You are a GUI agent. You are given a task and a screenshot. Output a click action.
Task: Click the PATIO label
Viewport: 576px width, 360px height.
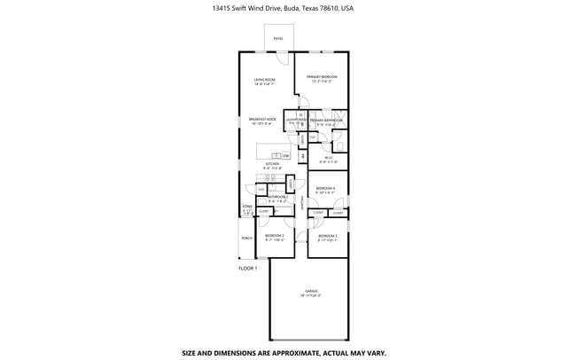click(278, 39)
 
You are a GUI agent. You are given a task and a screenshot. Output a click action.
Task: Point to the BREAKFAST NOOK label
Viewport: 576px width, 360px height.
click(262, 119)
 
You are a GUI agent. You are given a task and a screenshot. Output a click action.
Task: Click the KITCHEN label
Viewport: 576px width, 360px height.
click(273, 164)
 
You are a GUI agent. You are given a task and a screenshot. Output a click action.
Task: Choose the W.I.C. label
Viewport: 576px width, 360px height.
click(327, 159)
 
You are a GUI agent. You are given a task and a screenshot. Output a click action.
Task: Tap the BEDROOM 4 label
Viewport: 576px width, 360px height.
click(326, 188)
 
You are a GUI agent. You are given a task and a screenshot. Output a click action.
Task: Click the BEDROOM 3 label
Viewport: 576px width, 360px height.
click(327, 235)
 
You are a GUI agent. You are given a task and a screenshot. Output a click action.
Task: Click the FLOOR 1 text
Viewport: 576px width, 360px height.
click(247, 268)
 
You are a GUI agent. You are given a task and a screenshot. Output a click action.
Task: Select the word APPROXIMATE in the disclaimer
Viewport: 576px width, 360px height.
click(290, 352)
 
